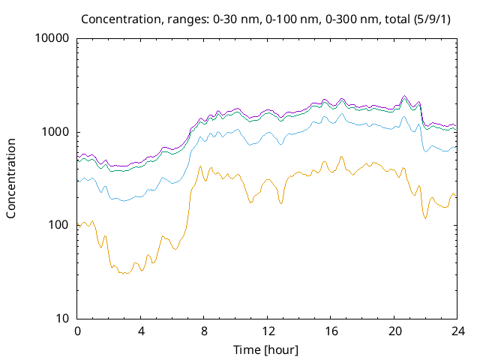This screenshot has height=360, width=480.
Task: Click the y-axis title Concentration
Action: (x=11, y=178)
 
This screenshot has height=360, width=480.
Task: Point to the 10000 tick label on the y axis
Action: (x=52, y=39)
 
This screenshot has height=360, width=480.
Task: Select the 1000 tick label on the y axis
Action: (x=55, y=132)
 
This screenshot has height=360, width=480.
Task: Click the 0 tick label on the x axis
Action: (x=77, y=331)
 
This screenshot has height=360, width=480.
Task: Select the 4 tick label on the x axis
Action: (x=141, y=331)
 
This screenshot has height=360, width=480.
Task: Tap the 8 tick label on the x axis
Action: (x=204, y=331)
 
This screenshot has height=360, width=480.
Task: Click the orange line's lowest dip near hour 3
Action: (x=124, y=274)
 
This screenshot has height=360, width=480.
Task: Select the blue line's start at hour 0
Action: (x=78, y=181)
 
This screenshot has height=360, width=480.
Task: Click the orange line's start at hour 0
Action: (x=78, y=224)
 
